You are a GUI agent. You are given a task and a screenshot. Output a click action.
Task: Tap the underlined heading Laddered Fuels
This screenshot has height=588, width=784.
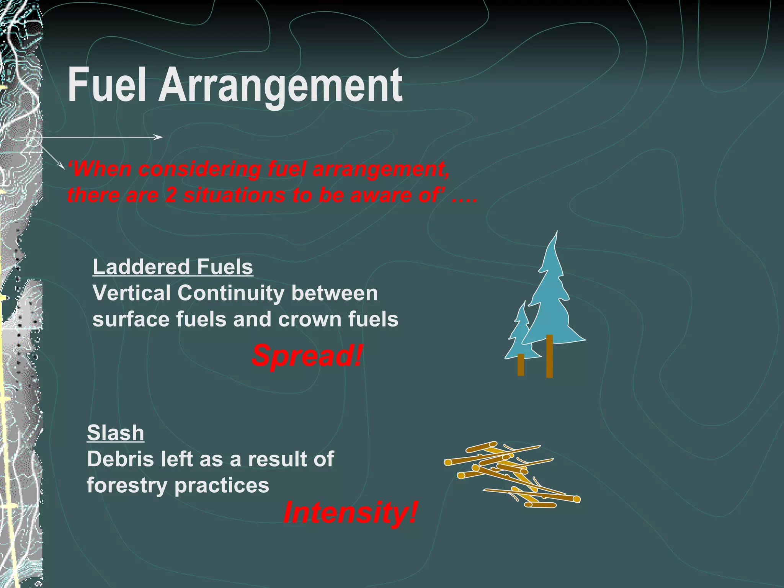point(173,267)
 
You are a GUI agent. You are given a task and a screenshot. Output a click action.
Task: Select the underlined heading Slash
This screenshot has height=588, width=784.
point(116,433)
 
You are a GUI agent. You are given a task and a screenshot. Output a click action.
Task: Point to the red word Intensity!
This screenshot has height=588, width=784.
point(350,512)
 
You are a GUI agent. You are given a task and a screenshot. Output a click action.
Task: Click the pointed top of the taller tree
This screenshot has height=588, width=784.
point(556,234)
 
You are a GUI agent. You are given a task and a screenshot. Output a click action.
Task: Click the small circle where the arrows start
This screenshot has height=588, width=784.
point(34,139)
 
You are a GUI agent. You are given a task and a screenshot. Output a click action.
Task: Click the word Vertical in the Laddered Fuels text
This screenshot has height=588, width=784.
point(131,293)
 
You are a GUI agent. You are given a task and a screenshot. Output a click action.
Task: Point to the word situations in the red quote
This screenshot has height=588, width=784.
point(234,195)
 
